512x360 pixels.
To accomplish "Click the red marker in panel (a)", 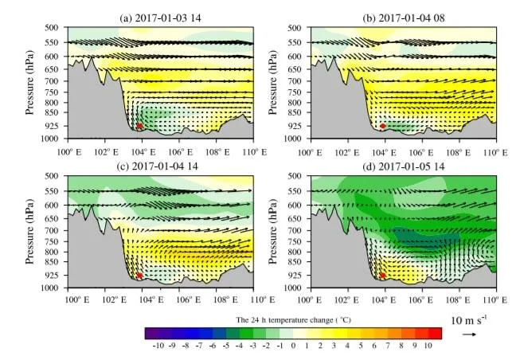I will pos(139,126).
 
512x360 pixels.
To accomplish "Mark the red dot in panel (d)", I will pos(382,275).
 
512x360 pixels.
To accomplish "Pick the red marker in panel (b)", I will pos(382,126).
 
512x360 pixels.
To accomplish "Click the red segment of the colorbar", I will pos(434,333).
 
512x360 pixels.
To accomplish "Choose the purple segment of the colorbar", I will pos(152,333).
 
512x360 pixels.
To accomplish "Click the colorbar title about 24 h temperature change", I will pos(292,319).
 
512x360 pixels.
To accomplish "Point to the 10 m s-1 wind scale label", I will pos(468,320).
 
